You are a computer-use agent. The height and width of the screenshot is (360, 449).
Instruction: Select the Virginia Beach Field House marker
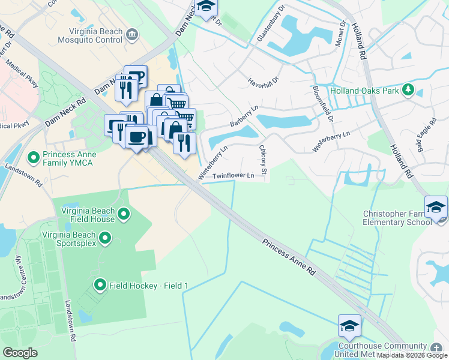tap(124, 214)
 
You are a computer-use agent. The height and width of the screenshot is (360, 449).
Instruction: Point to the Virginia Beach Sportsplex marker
tap(105, 238)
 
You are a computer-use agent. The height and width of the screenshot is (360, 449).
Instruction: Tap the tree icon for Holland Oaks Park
tap(408, 89)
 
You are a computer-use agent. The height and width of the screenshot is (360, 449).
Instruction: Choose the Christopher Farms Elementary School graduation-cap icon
tap(435, 208)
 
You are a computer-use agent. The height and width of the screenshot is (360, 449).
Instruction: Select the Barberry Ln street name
tap(244, 116)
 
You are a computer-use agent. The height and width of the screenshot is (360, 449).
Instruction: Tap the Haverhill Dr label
tap(264, 80)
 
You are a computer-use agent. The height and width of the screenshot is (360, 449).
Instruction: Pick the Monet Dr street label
tap(342, 29)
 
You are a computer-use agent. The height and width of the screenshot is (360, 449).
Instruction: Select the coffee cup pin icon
tap(136, 136)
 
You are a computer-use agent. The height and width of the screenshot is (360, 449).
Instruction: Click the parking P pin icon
tap(136, 76)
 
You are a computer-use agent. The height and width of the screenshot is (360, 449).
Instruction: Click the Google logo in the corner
tap(20, 352)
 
